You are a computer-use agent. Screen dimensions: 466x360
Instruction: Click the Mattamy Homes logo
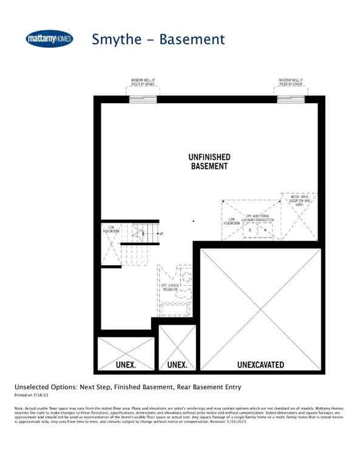[49, 39]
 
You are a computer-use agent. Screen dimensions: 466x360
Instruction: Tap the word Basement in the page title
[192, 39]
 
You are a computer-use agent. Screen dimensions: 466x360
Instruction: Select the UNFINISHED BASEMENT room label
[208, 161]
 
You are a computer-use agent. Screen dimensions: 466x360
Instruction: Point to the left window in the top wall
[143, 99]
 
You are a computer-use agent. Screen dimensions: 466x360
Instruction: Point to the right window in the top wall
[290, 99]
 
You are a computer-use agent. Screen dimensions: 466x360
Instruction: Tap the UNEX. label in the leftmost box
[126, 365]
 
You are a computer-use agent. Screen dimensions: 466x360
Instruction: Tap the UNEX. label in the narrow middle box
[176, 365]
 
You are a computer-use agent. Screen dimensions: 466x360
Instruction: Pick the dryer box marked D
[250, 231]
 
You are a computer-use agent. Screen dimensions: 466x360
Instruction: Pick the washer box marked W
[265, 231]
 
